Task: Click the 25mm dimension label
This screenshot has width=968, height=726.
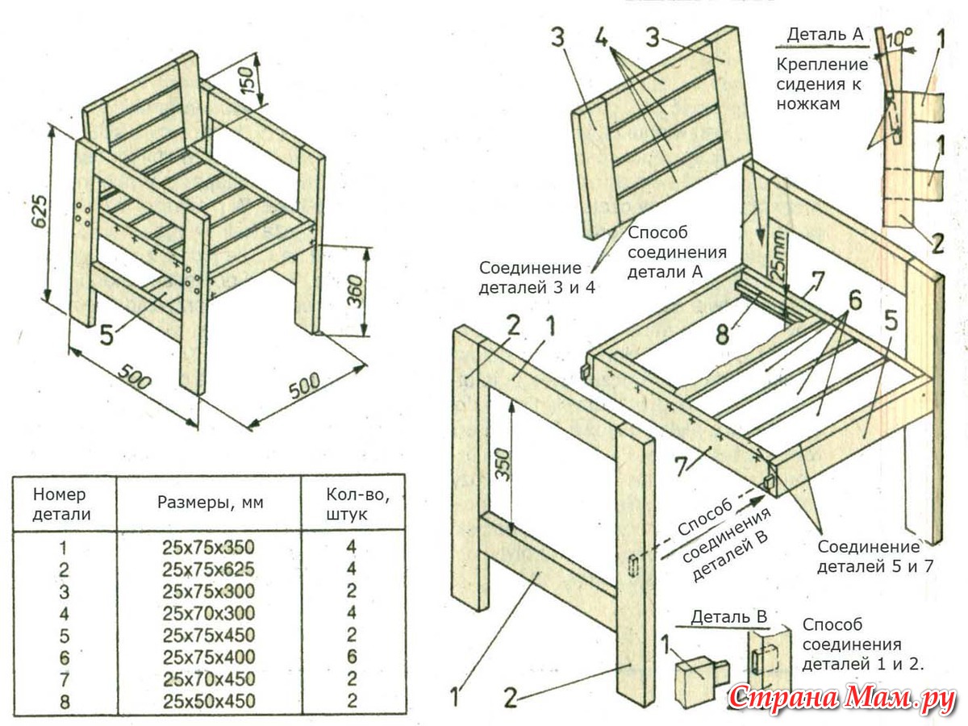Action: (x=777, y=254)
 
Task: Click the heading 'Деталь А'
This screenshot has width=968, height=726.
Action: (x=824, y=34)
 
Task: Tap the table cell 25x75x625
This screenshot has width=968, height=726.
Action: (x=209, y=569)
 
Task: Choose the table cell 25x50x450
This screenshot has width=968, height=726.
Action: (x=209, y=700)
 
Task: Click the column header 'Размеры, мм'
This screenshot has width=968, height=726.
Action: (x=210, y=503)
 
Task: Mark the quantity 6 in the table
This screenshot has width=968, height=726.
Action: (x=351, y=657)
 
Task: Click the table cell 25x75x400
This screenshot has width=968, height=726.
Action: (x=209, y=657)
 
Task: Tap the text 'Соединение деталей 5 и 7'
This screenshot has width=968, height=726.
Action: (x=874, y=556)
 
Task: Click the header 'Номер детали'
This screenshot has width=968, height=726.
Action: (x=61, y=503)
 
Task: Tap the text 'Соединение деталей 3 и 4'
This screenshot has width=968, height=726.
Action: (x=536, y=277)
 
